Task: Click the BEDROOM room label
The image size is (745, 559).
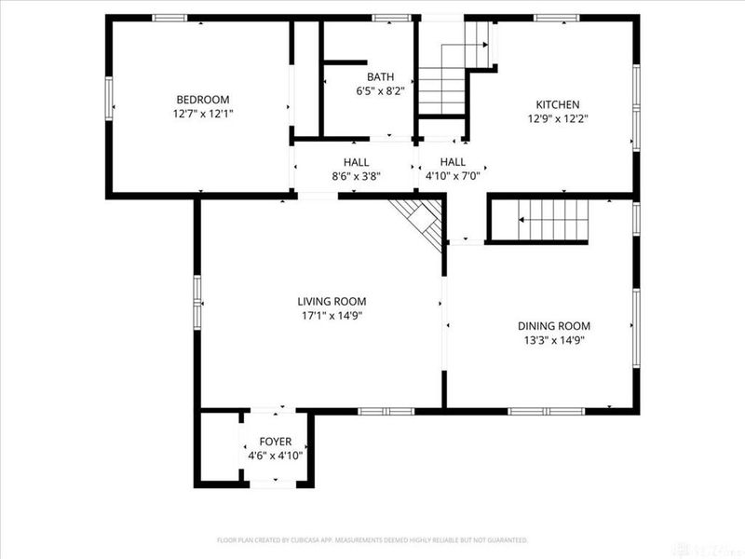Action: [x=202, y=100]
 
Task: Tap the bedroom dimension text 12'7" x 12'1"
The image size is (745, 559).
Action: [x=202, y=114]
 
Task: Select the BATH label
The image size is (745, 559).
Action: [x=380, y=77]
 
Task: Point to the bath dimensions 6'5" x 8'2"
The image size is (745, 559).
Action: [x=380, y=91]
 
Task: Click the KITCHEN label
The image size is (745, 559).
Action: [x=557, y=104]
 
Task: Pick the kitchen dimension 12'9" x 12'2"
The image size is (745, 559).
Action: [x=557, y=118]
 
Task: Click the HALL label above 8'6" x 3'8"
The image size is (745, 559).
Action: [x=356, y=161]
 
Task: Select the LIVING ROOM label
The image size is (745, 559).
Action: [x=332, y=301]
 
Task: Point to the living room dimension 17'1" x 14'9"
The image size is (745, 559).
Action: [x=332, y=315]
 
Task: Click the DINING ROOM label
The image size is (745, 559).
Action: [x=554, y=326]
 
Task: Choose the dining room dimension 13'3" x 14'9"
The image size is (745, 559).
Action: [x=554, y=340]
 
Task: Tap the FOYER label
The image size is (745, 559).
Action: [x=276, y=442]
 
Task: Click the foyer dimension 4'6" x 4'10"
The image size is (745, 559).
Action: [x=276, y=456]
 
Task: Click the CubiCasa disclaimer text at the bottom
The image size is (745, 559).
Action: [x=372, y=539]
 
